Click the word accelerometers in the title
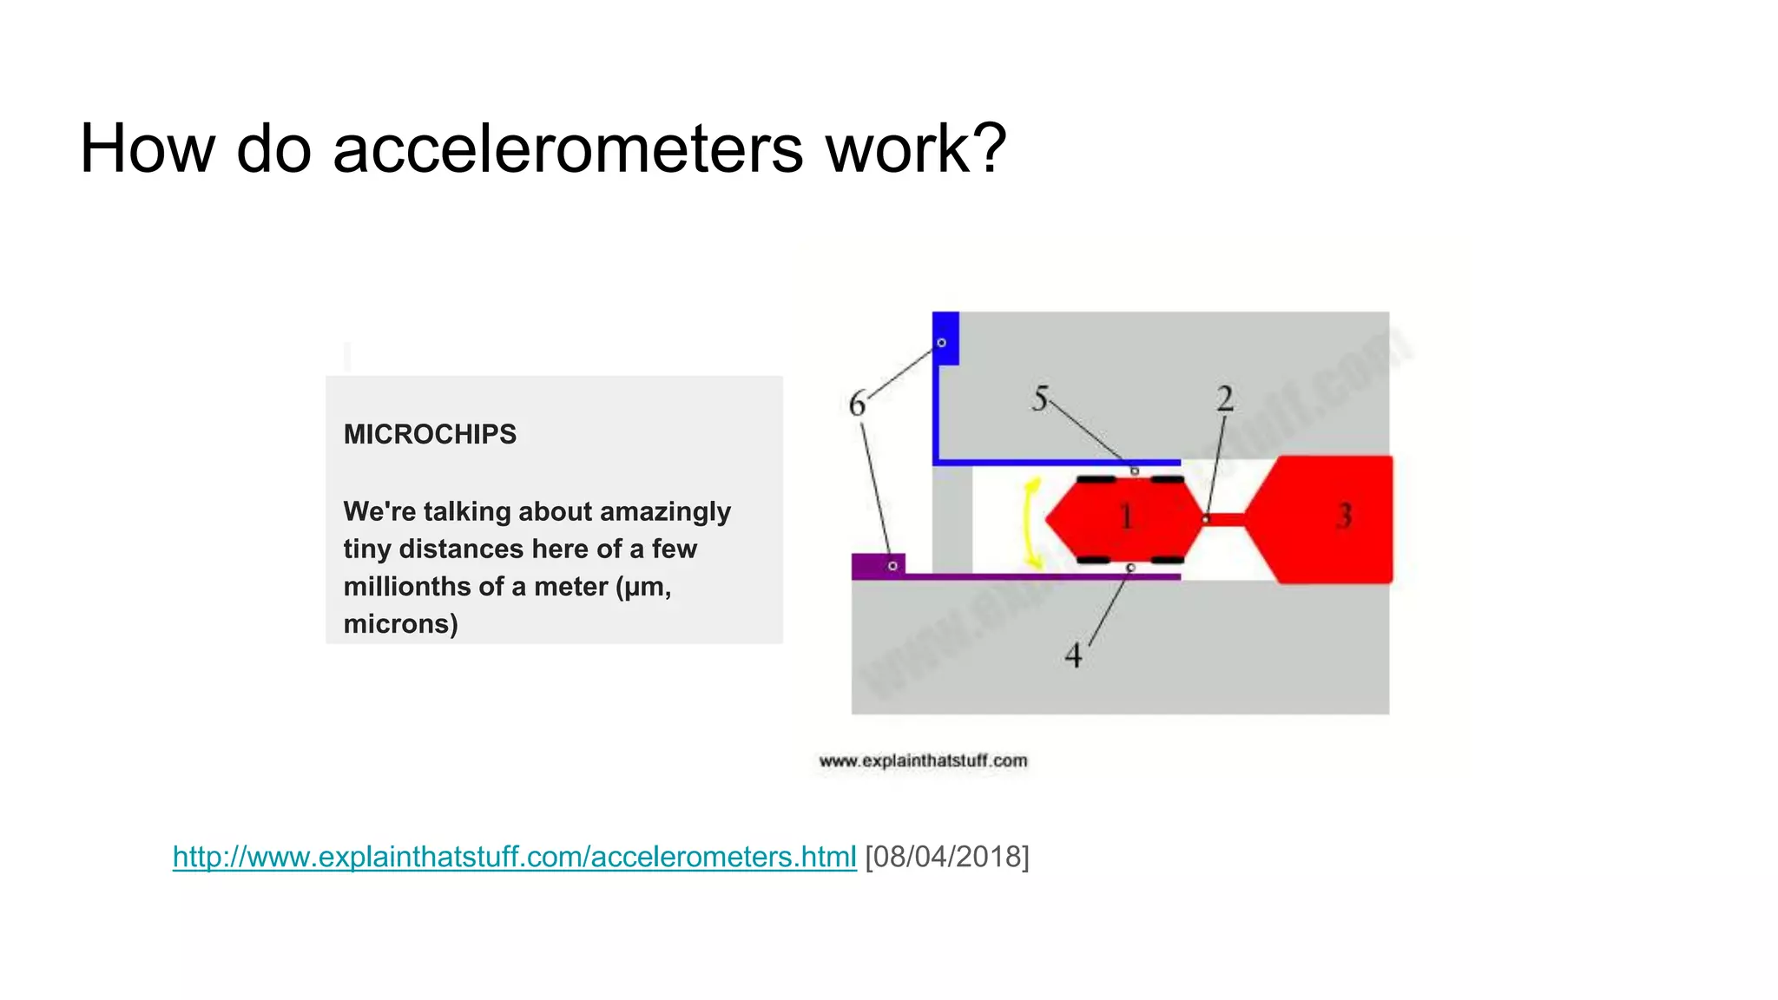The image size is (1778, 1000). click(x=568, y=149)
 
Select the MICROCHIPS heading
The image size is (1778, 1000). click(x=430, y=434)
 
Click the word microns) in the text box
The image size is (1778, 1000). click(x=400, y=624)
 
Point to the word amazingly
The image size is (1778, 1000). click(x=665, y=511)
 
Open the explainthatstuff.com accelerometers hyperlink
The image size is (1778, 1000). click(x=514, y=857)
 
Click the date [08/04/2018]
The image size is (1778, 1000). click(x=947, y=857)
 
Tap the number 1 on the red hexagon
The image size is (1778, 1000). click(x=1126, y=517)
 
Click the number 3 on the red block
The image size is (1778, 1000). click(x=1344, y=516)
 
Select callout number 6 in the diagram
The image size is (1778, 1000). click(x=857, y=405)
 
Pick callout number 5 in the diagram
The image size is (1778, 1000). click(x=1040, y=399)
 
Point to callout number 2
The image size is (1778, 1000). click(x=1225, y=399)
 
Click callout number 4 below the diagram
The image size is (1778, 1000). click(x=1074, y=655)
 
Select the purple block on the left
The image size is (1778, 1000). click(x=878, y=566)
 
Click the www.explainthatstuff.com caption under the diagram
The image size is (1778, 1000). click(x=923, y=761)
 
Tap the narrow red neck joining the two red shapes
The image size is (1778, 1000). click(x=1225, y=520)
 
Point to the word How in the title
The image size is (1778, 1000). click(x=147, y=149)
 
